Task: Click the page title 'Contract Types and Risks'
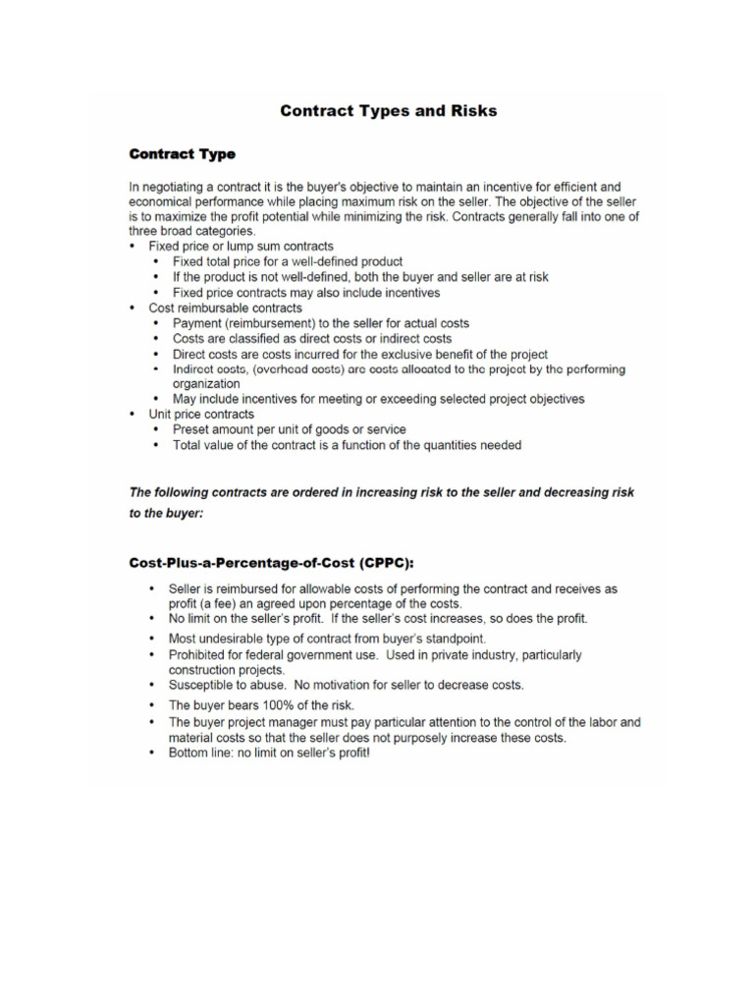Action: [x=388, y=111]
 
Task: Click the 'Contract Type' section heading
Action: [x=183, y=154]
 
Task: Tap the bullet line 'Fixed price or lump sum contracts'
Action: [x=241, y=246]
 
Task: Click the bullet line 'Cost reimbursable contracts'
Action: [x=225, y=307]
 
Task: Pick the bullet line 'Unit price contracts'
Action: [x=201, y=415]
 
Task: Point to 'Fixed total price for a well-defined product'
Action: [x=288, y=261]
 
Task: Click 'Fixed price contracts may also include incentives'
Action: [x=306, y=293]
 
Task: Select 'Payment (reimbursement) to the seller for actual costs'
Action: [x=321, y=323]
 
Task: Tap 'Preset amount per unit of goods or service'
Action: [x=289, y=429]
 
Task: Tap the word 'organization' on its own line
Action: [x=206, y=383]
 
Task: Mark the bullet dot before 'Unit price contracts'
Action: [x=134, y=415]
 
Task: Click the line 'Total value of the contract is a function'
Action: [x=347, y=445]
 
